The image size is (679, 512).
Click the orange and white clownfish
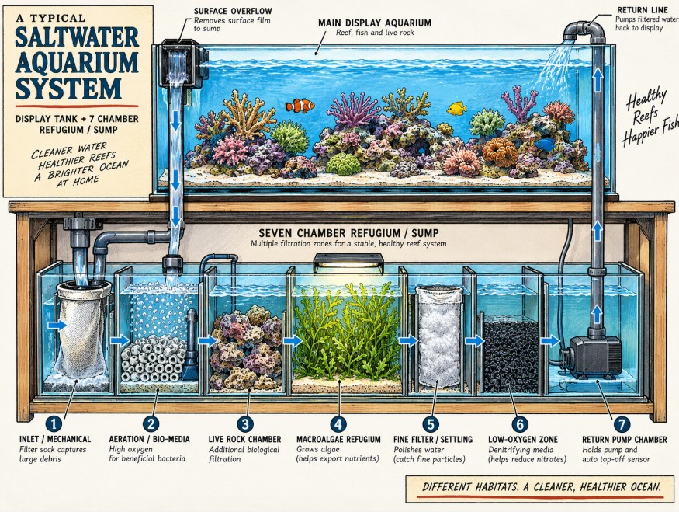tap(300, 106)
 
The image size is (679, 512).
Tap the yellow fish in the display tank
tap(456, 109)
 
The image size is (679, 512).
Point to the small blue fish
tap(544, 145)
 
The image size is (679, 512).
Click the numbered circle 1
tap(54, 423)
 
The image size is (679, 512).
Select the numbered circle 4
tap(338, 423)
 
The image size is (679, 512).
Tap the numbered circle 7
tap(622, 423)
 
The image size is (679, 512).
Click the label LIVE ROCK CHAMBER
tap(244, 439)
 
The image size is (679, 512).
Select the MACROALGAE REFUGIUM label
tap(338, 439)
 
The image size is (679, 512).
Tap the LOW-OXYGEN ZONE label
tap(523, 439)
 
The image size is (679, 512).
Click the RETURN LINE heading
tap(636, 10)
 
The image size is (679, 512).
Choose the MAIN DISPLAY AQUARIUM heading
tap(375, 23)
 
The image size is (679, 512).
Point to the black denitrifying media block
tap(510, 354)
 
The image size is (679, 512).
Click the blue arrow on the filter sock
tap(57, 326)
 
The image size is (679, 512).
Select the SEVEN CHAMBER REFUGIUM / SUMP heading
tap(348, 233)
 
